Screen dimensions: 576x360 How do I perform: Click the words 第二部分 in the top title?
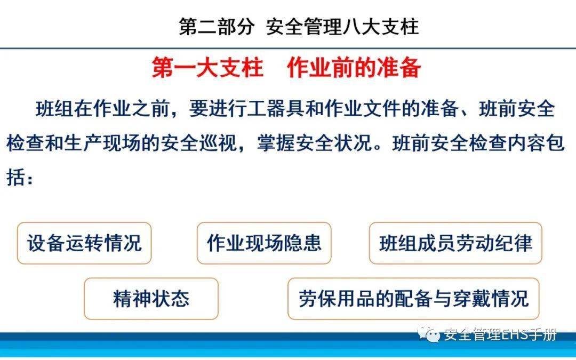(217, 27)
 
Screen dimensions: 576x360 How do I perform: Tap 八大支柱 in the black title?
(381, 27)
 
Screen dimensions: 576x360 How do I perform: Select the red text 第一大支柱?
(207, 67)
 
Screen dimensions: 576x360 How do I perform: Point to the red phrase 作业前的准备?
(354, 67)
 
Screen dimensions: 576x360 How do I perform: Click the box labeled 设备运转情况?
(84, 243)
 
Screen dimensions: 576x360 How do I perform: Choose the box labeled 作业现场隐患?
(264, 243)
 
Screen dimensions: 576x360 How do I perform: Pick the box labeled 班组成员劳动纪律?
(455, 243)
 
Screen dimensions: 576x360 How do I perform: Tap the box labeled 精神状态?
(151, 299)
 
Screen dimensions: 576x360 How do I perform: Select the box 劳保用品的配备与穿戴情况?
(413, 299)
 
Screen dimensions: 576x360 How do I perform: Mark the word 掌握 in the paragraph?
(276, 143)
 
